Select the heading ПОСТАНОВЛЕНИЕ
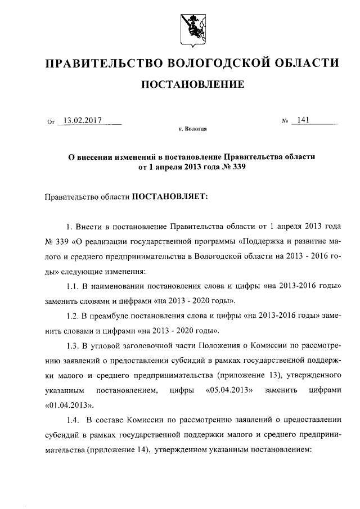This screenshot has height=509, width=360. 192,85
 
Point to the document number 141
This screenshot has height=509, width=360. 304,120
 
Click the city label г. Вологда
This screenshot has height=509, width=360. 192,129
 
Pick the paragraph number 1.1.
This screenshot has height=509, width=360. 75,286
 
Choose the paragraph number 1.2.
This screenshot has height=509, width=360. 75,315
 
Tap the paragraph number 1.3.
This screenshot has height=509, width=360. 75,345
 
